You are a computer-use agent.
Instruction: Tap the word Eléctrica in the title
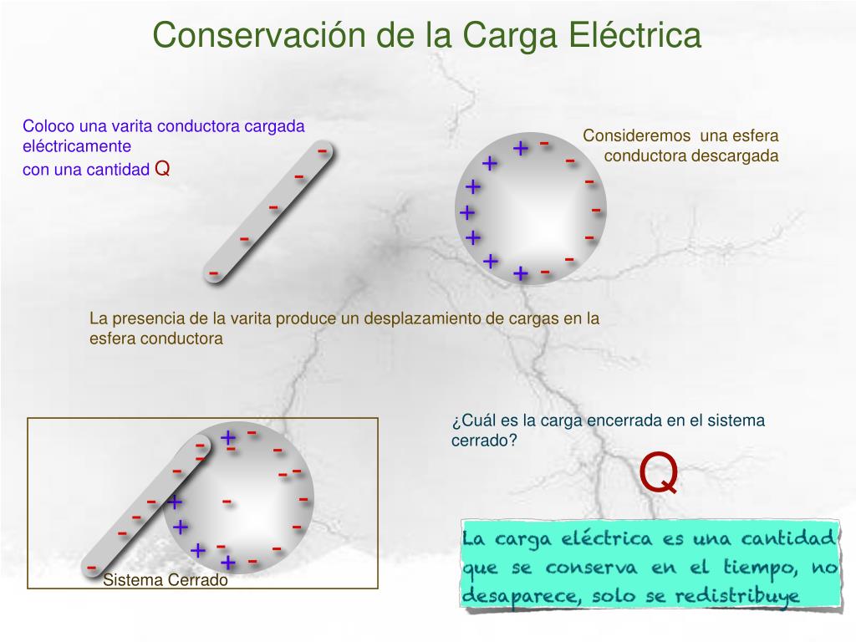(x=635, y=36)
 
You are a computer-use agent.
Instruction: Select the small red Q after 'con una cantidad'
(x=163, y=170)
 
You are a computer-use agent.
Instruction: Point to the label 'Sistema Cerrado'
(x=166, y=580)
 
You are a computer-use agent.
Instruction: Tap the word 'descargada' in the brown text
(x=740, y=155)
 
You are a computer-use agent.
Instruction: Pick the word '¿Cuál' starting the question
(x=469, y=420)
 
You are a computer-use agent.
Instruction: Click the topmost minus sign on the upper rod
(x=322, y=150)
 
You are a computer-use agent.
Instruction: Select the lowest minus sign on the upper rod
(x=214, y=273)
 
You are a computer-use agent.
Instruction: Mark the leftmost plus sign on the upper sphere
(x=466, y=212)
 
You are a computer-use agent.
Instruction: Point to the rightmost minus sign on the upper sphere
(x=596, y=209)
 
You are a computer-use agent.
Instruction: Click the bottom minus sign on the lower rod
(x=91, y=568)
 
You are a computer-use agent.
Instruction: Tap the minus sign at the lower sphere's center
(x=227, y=502)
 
